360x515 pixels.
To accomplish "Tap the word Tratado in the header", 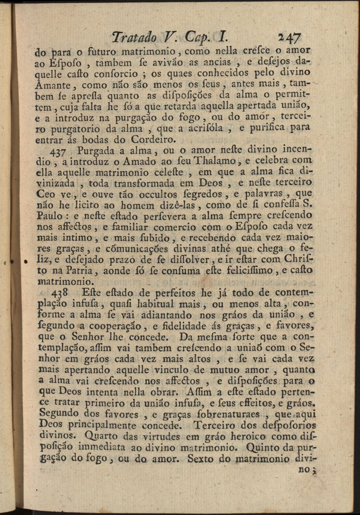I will (x=134, y=37).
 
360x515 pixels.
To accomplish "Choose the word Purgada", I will (x=98, y=150).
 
